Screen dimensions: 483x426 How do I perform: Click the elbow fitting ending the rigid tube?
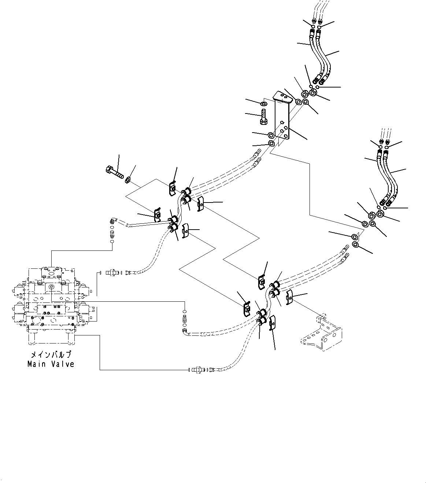(113, 221)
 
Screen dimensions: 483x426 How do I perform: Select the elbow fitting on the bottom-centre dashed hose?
(184, 331)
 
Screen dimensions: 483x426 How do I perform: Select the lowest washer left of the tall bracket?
(271, 143)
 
